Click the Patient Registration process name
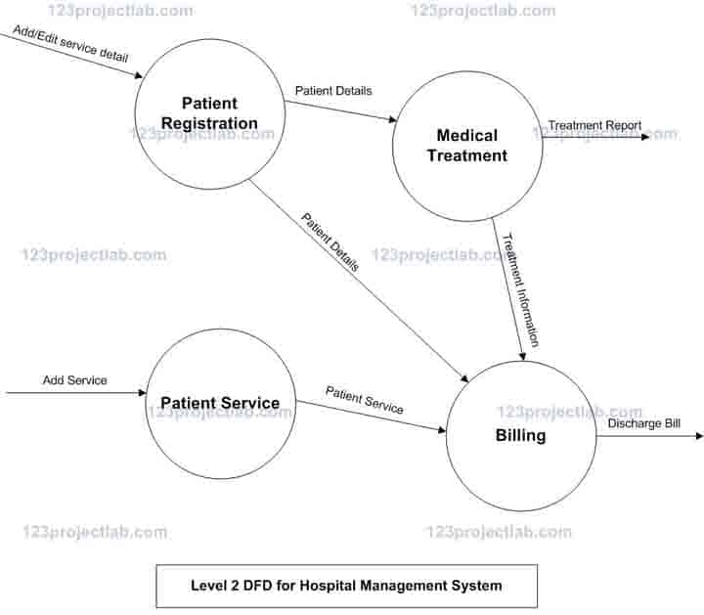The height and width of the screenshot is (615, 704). pyautogui.click(x=210, y=113)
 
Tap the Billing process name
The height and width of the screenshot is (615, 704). pyautogui.click(x=520, y=436)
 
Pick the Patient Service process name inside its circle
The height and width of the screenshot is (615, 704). pyautogui.click(x=220, y=403)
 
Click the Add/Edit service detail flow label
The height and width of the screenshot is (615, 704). pyautogui.click(x=69, y=43)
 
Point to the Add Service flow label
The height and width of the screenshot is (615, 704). pyautogui.click(x=74, y=379)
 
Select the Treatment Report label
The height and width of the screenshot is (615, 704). pyautogui.click(x=594, y=125)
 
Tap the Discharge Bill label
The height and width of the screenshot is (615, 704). pyautogui.click(x=643, y=423)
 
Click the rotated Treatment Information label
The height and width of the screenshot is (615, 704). pyautogui.click(x=519, y=288)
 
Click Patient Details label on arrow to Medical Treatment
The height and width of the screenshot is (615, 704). pyautogui.click(x=333, y=91)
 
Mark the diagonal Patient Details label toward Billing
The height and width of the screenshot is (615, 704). pyautogui.click(x=330, y=242)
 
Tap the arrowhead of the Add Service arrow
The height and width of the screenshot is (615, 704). pyautogui.click(x=141, y=393)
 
